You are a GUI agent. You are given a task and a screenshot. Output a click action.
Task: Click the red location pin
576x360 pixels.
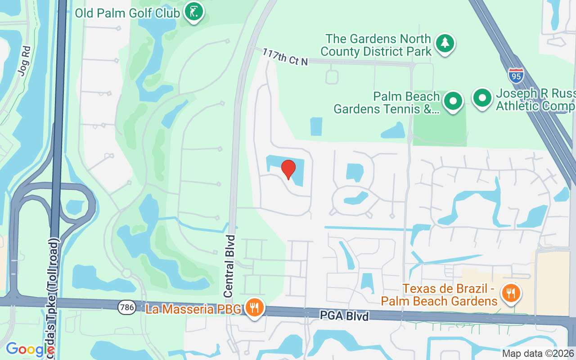(288, 170)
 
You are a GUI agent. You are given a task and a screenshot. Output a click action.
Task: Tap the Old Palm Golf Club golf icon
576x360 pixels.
(193, 12)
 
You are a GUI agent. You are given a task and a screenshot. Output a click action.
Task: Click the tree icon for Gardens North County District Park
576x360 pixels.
(445, 43)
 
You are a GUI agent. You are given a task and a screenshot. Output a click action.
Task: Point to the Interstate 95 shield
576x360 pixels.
(516, 75)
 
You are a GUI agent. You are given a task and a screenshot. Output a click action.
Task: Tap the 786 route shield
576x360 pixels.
(126, 308)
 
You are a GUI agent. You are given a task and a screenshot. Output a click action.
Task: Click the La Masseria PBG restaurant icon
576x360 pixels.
(255, 308)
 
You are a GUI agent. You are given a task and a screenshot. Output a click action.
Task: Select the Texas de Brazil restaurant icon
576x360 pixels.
(510, 293)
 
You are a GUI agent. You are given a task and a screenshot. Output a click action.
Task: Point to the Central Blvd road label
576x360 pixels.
(230, 265)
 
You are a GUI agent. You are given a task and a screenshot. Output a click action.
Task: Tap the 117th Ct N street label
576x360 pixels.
(285, 57)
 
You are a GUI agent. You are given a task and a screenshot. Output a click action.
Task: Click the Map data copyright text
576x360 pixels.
(538, 353)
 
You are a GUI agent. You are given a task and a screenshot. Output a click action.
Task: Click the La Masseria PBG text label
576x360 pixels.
(193, 309)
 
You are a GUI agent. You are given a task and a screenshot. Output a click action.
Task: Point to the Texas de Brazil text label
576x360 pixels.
(439, 294)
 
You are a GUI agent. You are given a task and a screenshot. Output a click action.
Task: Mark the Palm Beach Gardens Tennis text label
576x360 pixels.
(387, 103)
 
